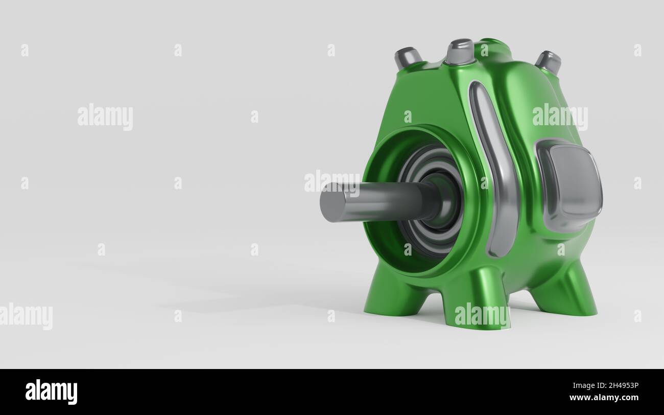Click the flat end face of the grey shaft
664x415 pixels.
330,202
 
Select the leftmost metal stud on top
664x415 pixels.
407,57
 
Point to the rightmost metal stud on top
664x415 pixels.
549,61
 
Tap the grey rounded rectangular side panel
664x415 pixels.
569,186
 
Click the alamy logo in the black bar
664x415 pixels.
51,392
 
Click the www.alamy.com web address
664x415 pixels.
604,398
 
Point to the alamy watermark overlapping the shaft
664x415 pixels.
332,181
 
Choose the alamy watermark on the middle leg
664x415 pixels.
482,314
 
